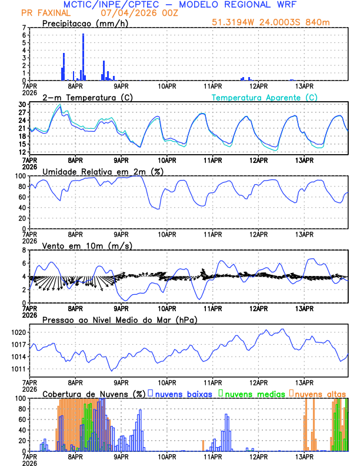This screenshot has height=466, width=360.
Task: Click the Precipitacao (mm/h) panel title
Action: coord(86,23)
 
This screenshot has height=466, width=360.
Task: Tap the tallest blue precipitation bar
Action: coord(83,56)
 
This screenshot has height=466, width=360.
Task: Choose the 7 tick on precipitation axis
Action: coord(24,28)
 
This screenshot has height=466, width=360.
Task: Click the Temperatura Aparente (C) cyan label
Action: coord(264,97)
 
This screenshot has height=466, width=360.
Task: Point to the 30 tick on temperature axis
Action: coord(22,105)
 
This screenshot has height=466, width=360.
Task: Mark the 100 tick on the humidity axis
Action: coord(20,176)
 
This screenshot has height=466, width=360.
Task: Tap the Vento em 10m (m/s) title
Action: coord(87,245)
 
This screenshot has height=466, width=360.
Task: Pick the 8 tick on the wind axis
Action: coord(24,250)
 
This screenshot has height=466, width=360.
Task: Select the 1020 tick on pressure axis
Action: coord(18,332)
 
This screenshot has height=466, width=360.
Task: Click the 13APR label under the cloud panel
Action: coord(304,456)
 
